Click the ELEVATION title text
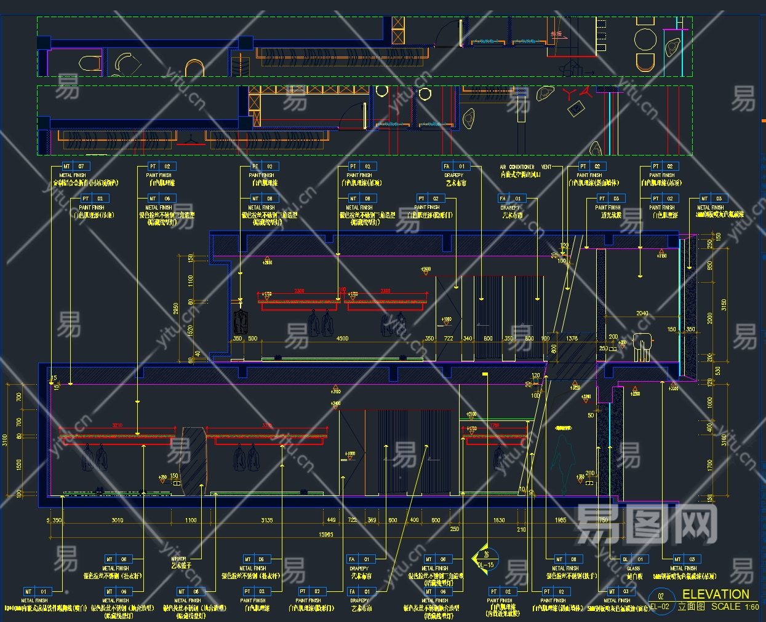[x=716, y=594]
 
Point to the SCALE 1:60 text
[x=735, y=607]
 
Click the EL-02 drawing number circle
[x=660, y=602]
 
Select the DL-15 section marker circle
[x=485, y=559]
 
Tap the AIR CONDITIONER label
[x=517, y=167]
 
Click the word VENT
[x=546, y=167]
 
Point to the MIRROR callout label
[x=178, y=559]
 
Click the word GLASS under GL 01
[x=634, y=569]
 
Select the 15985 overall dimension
[x=326, y=534]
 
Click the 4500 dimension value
[x=342, y=338]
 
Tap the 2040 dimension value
[x=642, y=313]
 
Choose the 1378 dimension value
[x=572, y=338]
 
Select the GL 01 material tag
[x=634, y=559]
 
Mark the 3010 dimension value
[x=117, y=520]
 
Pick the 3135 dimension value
[x=267, y=520]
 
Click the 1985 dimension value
[x=561, y=520]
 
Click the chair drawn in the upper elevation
[x=643, y=345]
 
